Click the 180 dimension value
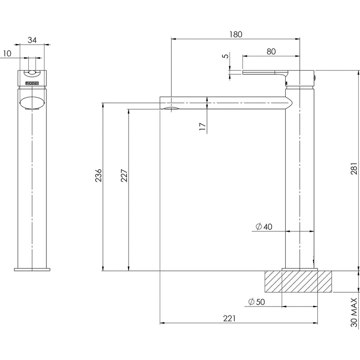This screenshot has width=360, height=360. (236, 34)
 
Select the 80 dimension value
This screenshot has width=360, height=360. (271, 51)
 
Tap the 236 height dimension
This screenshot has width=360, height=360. (98, 176)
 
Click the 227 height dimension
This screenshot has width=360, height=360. (124, 176)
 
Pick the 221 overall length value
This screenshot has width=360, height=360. (229, 318)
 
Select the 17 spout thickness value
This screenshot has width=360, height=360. (202, 126)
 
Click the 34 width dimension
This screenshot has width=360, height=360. (32, 40)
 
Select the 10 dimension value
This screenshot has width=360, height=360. (7, 53)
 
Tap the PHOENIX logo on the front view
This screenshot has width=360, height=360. (32, 83)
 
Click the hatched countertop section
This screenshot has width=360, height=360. (300, 282)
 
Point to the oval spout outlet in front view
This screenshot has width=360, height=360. (32, 101)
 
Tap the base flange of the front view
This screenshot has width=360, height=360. (32, 270)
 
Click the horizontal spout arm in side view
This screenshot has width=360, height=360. (225, 103)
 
